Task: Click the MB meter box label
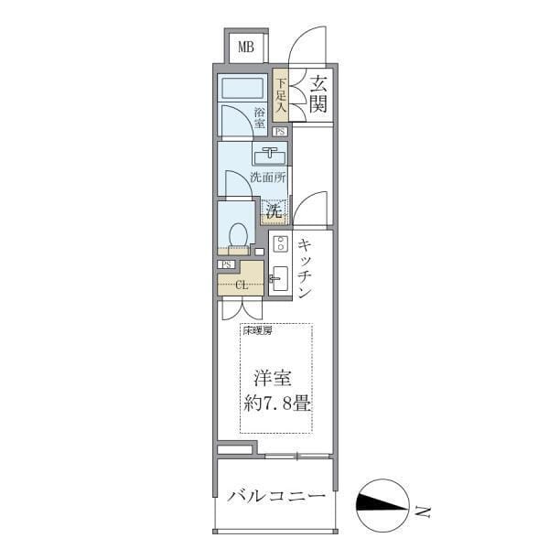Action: coord(246,47)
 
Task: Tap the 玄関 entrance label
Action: coord(318,94)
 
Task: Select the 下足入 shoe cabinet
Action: coord(281,94)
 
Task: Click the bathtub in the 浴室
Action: coord(242,88)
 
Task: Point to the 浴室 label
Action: coord(260,118)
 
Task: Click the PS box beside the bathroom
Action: coord(280,132)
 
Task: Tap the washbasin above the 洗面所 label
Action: coord(270,156)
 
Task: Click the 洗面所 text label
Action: coord(268,178)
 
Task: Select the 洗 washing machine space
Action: coord(274,210)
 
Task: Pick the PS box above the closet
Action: coord(227,264)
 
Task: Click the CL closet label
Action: coord(242,285)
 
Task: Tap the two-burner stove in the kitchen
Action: coord(281,243)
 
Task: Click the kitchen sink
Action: coord(280,278)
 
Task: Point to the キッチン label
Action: coord(305,269)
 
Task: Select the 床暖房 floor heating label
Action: coord(257,330)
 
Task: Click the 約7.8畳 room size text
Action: coord(277,404)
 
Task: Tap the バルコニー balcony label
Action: coord(276,496)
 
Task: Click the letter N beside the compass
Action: coord(423,511)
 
